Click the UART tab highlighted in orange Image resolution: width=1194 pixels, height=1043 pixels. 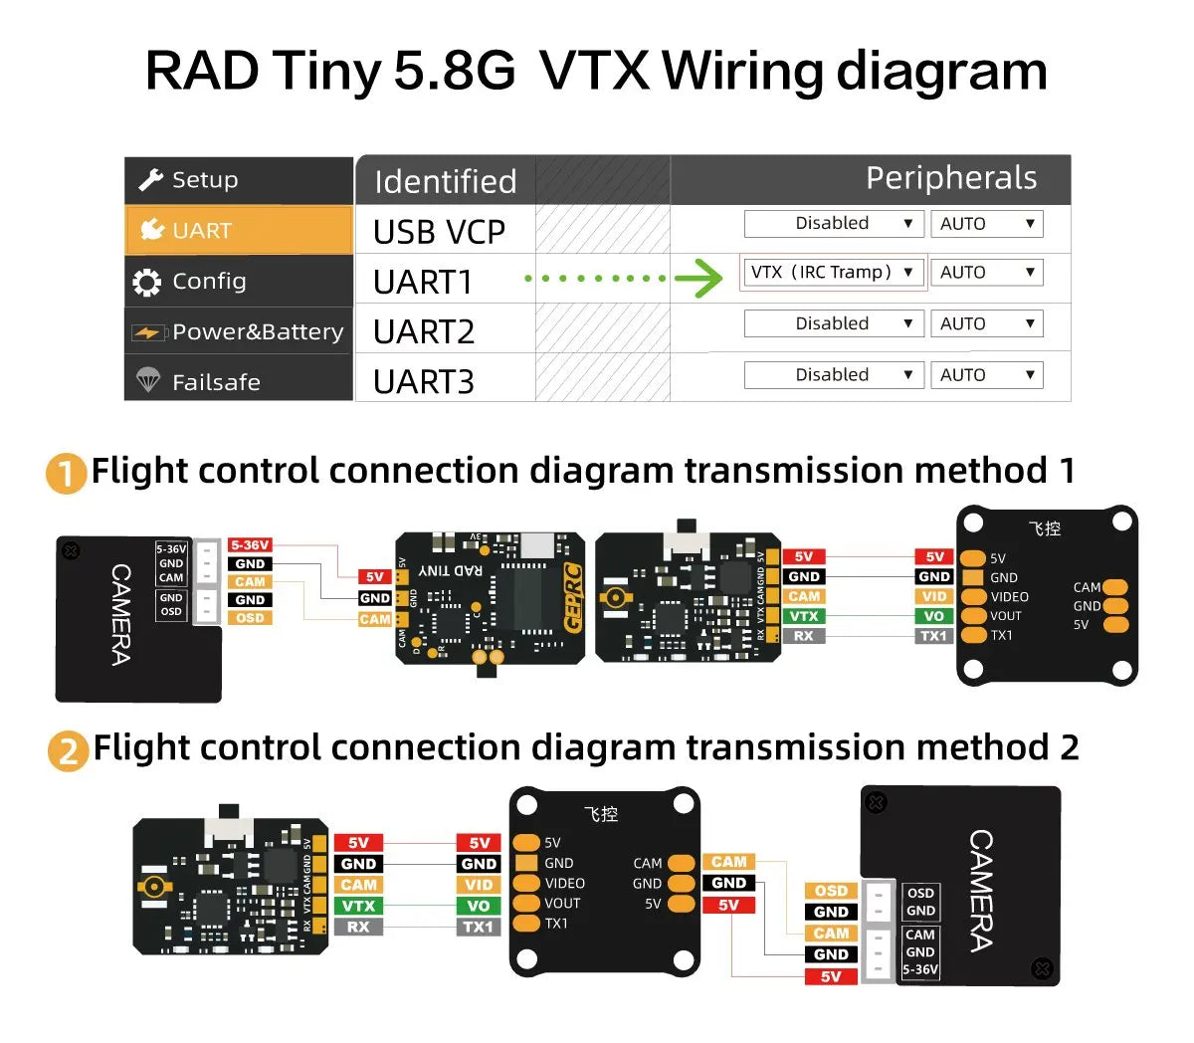coord(239,230)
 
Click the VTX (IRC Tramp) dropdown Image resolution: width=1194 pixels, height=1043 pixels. coord(833,273)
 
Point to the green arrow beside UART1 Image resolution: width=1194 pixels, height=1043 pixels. coord(698,279)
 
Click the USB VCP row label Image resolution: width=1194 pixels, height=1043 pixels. coord(439,232)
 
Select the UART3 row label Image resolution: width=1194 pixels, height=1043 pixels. coord(424,381)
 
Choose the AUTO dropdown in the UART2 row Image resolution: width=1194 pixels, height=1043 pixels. coord(986,323)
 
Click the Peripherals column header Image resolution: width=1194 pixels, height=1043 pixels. coord(950,178)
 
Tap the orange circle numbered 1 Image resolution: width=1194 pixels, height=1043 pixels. coord(66,473)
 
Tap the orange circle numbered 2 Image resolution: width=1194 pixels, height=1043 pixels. coord(68,750)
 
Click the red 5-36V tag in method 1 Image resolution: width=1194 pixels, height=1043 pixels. coord(250,545)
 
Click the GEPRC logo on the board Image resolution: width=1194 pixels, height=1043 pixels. coord(572,597)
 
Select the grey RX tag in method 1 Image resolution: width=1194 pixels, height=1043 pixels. coord(803,636)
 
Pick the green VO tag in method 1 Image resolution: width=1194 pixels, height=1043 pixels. coord(933,616)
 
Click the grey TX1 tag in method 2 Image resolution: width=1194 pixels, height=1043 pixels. coord(479,927)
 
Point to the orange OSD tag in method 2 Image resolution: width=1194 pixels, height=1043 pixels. coord(831,891)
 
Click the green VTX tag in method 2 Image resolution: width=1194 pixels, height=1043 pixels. coord(358,906)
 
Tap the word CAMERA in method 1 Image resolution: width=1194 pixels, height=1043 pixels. coord(120,614)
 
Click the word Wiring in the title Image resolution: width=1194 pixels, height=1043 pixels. coord(742,72)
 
